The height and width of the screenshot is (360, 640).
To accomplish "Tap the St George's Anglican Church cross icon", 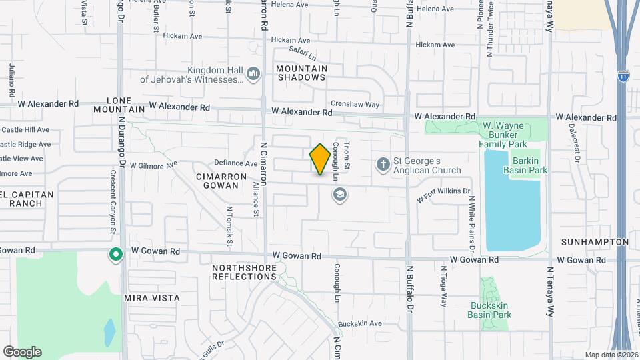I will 383,163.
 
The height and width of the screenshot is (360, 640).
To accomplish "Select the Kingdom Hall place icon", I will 253,73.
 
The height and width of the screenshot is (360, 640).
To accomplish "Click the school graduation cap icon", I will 339,194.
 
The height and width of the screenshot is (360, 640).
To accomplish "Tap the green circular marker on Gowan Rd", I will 115,254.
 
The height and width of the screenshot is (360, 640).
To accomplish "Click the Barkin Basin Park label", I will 529,165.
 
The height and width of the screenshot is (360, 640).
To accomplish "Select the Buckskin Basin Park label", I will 490,310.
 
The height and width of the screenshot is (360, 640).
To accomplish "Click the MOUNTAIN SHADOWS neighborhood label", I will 302,73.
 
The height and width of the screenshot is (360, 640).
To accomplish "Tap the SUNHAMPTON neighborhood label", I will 595,241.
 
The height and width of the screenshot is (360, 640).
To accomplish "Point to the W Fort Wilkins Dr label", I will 443,194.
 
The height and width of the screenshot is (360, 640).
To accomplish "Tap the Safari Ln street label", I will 302,49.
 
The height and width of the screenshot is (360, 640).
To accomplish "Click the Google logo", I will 22,351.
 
